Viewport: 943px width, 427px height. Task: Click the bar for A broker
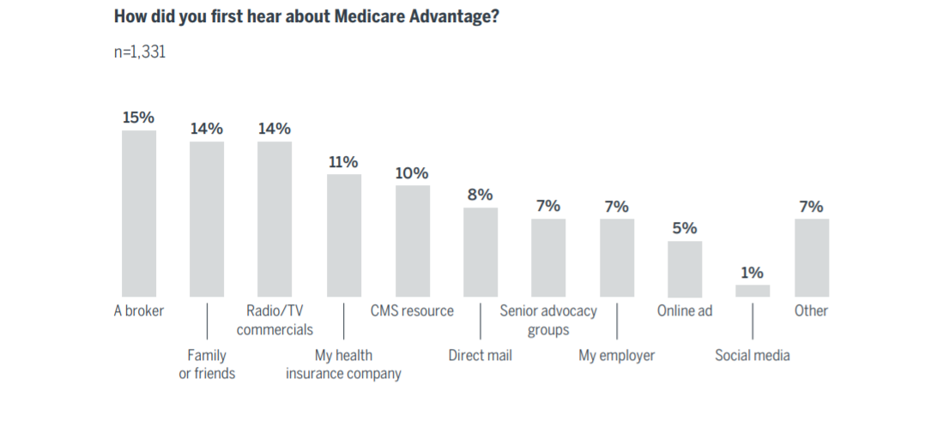pos(138,213)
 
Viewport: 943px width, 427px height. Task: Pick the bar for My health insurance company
pos(343,235)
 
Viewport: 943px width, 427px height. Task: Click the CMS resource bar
pos(412,241)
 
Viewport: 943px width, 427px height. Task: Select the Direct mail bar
pos(480,252)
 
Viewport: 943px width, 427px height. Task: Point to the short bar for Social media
pos(753,291)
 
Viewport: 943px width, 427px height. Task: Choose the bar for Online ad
pos(685,268)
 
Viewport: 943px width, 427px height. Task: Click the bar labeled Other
pos(811,257)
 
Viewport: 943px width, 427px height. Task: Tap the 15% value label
pos(138,117)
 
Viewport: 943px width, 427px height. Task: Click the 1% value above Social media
pos(753,273)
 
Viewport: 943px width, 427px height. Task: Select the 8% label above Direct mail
pos(480,195)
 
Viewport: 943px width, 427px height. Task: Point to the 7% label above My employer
pos(616,207)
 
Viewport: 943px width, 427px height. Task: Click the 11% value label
pos(343,162)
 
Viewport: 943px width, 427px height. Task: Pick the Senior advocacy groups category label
pos(548,320)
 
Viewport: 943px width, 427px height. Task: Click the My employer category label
pos(616,356)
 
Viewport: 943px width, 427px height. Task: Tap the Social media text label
pos(753,356)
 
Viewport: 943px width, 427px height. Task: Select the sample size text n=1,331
pos(140,52)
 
